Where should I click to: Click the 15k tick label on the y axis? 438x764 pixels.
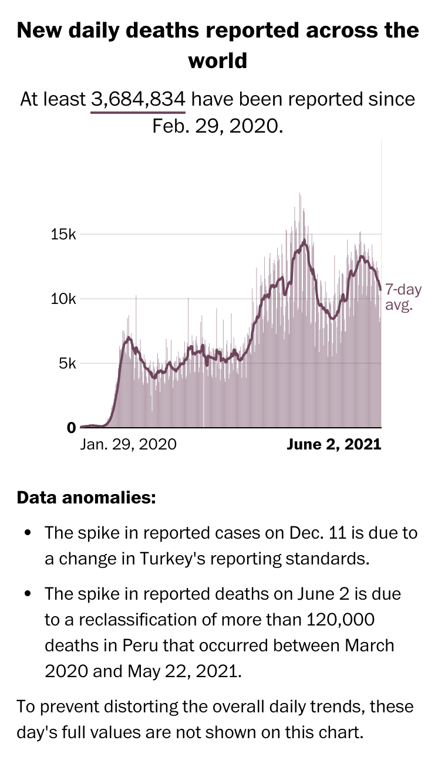click(64, 235)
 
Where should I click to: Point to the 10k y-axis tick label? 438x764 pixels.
click(64, 299)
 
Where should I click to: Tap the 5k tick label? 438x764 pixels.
click(68, 363)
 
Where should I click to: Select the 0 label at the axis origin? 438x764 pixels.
click(72, 428)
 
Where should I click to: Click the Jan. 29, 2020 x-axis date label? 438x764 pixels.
click(128, 444)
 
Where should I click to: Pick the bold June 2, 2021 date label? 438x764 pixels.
click(334, 444)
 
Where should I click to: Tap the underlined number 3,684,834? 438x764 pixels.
click(139, 99)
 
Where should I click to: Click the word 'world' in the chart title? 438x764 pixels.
click(218, 60)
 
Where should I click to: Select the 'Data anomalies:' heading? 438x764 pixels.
click(86, 498)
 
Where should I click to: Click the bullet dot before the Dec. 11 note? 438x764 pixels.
click(28, 533)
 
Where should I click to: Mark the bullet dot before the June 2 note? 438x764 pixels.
click(28, 594)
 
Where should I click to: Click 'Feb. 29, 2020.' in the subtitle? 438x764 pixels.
click(218, 126)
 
